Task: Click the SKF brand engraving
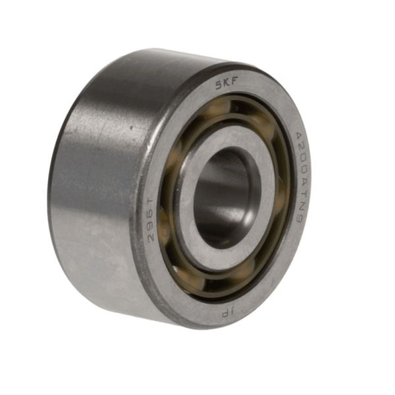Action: coord(228,84)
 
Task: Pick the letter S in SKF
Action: coord(220,83)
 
